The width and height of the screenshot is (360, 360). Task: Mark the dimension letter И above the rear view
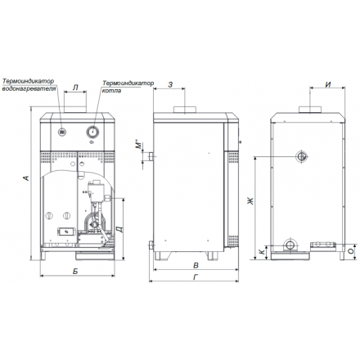coord(326,83)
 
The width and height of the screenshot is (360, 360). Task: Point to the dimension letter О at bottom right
coord(349,251)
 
